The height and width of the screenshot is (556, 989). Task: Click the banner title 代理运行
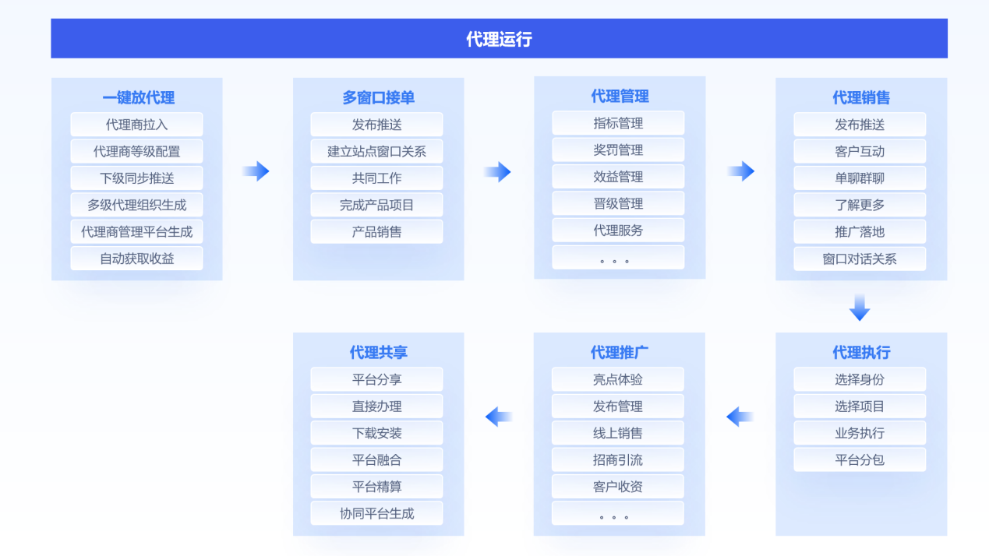point(499,39)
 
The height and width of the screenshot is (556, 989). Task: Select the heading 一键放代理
point(138,97)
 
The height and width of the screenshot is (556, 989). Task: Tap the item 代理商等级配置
point(137,151)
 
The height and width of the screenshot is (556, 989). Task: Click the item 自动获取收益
point(137,259)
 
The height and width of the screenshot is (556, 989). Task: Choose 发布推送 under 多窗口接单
point(376,125)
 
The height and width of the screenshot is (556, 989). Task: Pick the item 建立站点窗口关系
point(376,151)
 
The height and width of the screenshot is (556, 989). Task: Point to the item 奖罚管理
point(618,150)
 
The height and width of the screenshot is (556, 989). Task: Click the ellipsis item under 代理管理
point(618,257)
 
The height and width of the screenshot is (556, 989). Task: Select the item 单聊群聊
point(860,178)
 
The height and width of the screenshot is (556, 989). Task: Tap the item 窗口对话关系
point(860,259)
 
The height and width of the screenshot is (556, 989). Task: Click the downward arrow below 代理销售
point(860,307)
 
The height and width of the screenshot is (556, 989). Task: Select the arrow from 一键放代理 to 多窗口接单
point(256,171)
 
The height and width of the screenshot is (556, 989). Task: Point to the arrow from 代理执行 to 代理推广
point(740,417)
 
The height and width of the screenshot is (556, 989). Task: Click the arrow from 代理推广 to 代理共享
point(499,417)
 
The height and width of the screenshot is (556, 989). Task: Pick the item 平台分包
point(860,459)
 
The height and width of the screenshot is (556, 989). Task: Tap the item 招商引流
point(618,459)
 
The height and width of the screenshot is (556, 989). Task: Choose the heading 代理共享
point(379,352)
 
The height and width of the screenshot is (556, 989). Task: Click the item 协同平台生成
point(376,513)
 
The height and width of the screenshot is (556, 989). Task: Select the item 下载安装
point(376,433)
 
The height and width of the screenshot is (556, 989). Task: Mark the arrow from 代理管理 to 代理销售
point(741,171)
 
